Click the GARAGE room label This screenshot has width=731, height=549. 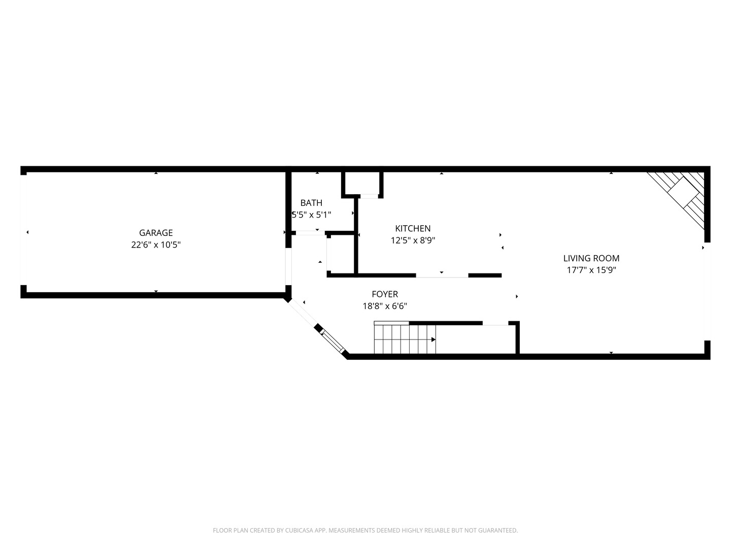click(x=156, y=233)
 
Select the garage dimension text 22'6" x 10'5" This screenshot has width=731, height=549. click(x=156, y=245)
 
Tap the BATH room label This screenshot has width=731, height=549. click(x=311, y=203)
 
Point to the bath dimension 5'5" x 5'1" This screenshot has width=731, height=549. click(x=311, y=215)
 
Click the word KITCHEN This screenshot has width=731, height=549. click(x=413, y=229)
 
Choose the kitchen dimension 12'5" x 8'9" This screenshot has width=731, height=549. click(x=413, y=241)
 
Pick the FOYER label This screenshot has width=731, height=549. click(x=385, y=294)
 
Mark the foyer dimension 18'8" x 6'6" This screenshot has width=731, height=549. click(x=385, y=307)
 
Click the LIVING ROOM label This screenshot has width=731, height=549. click(x=591, y=258)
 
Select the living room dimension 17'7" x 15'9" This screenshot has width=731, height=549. click(x=591, y=270)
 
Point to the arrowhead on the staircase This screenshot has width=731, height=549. click(x=433, y=340)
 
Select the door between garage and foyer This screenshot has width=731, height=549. click(x=288, y=266)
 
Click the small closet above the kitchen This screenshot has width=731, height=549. click(x=362, y=184)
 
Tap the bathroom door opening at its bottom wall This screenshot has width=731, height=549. click(x=310, y=233)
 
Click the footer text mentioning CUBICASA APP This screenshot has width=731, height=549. click(x=365, y=531)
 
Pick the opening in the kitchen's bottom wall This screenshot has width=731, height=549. click(x=442, y=276)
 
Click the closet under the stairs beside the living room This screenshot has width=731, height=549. click(x=476, y=339)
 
